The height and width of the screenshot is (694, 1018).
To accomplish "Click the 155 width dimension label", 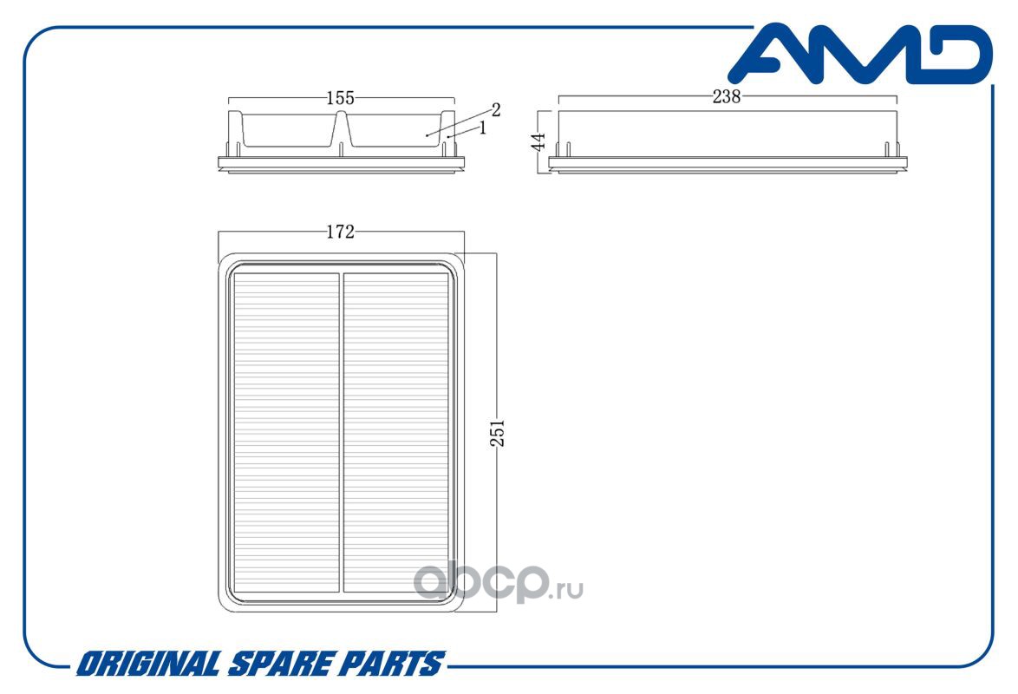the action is [x=340, y=97].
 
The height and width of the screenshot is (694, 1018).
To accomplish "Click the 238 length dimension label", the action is [x=726, y=96].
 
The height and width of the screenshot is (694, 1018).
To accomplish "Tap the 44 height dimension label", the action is [x=538, y=141].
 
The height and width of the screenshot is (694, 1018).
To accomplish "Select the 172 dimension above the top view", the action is [x=340, y=232].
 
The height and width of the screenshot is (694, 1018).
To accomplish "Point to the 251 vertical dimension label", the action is [x=497, y=433].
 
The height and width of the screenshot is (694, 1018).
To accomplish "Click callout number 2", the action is [x=496, y=110].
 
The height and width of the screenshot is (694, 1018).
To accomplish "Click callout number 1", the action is [x=482, y=128].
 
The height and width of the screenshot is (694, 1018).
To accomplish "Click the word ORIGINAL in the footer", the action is [x=148, y=664].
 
